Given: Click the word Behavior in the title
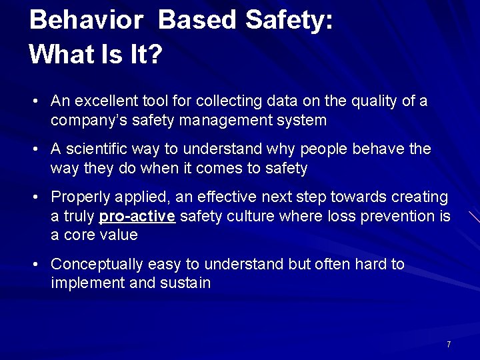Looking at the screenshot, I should pyautogui.click(x=86, y=20).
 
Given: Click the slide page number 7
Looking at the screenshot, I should pyautogui.click(x=449, y=345).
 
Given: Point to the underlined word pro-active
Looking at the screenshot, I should pyautogui.click(x=137, y=216).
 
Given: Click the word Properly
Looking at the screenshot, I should pyautogui.click(x=78, y=197).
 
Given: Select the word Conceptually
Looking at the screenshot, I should pyautogui.click(x=94, y=264).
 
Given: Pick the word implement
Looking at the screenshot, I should pyautogui.click(x=81, y=283).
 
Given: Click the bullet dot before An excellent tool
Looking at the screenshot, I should pyautogui.click(x=35, y=102).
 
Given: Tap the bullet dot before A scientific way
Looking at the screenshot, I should pyautogui.click(x=35, y=149).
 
